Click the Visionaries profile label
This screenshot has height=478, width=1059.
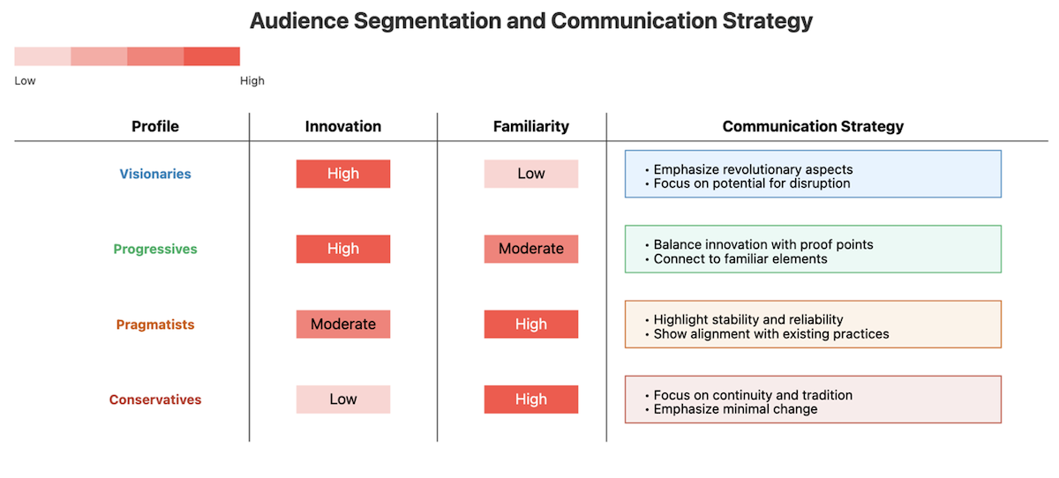(x=155, y=174)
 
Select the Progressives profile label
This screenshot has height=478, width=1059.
(x=155, y=249)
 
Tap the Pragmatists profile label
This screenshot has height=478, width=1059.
(x=155, y=325)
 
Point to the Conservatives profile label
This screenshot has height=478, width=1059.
(x=155, y=400)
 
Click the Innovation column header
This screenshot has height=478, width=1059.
(x=342, y=126)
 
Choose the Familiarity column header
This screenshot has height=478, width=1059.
(x=531, y=126)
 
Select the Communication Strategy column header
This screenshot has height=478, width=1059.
(x=813, y=126)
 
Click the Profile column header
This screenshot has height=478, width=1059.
(x=155, y=126)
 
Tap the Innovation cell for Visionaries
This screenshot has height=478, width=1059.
(x=343, y=174)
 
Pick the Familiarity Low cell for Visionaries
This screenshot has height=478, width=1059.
(x=531, y=174)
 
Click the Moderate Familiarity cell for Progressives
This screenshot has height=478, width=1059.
(x=531, y=249)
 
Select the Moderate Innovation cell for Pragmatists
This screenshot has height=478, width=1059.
(x=343, y=324)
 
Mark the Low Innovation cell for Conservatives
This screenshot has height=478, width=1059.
(x=343, y=400)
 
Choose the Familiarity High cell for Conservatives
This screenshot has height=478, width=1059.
(x=531, y=400)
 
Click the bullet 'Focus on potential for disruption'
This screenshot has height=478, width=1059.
(x=747, y=183)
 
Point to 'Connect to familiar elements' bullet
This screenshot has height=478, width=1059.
(x=736, y=258)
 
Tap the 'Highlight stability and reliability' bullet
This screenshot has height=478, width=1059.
(x=744, y=320)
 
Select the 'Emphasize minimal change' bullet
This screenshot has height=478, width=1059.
(x=731, y=409)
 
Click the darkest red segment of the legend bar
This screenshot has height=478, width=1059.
(x=212, y=56)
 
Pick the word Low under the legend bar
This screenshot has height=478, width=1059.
(x=25, y=81)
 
